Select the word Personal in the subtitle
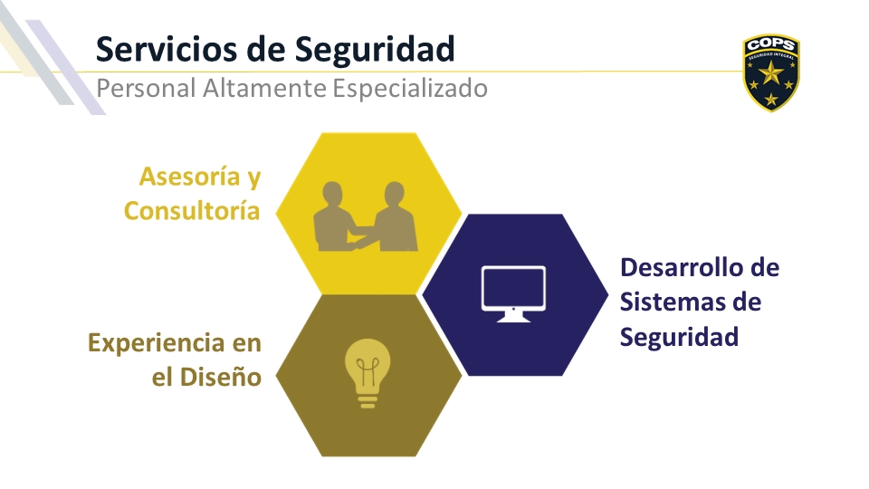click(x=146, y=88)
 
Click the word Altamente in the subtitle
click(x=263, y=88)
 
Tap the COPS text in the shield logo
click(x=771, y=44)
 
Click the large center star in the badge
click(x=771, y=72)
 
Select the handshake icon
click(x=365, y=216)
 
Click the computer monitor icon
click(x=514, y=293)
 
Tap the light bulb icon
click(x=368, y=373)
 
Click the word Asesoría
click(x=189, y=177)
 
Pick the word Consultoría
click(x=192, y=211)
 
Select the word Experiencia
click(x=157, y=344)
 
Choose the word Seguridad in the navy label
click(x=679, y=337)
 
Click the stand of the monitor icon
click(x=513, y=317)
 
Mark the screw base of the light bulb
click(x=368, y=400)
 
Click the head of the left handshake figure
click(x=332, y=192)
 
